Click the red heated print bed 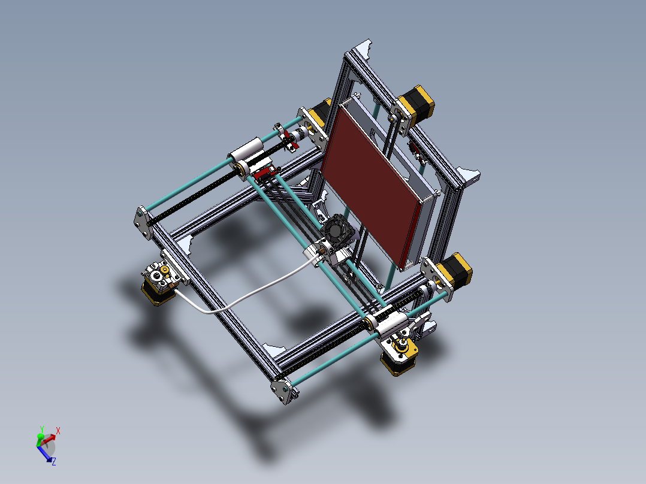[x=369, y=180]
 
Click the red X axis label [x=58, y=430]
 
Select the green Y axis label [x=41, y=429]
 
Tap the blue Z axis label [x=53, y=461]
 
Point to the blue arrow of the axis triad [x=45, y=453]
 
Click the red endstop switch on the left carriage [x=264, y=174]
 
